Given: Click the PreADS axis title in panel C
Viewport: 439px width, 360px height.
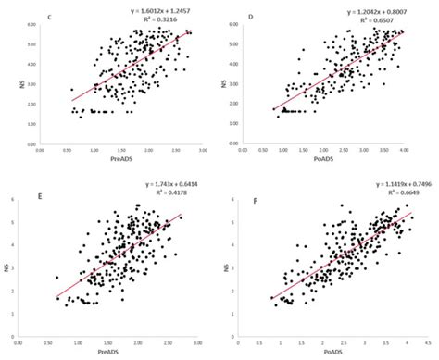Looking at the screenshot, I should click(x=115, y=163).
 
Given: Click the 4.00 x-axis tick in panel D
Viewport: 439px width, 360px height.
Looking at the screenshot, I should click(x=403, y=153).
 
